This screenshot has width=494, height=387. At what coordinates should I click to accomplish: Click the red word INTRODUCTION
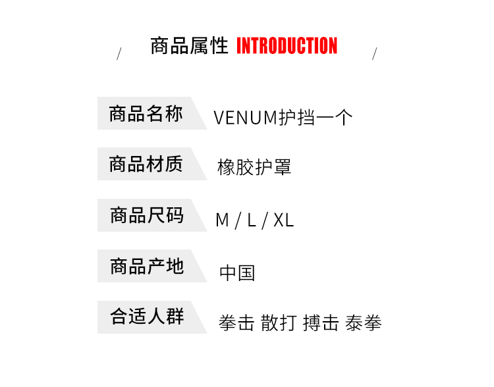pyautogui.click(x=287, y=46)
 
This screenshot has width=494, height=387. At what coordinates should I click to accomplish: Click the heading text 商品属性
pyautogui.click(x=189, y=46)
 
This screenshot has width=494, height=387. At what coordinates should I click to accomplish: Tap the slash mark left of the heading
pyautogui.click(x=119, y=54)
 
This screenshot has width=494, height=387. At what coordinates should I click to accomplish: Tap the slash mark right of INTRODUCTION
pyautogui.click(x=374, y=54)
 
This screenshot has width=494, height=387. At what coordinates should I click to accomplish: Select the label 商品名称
pyautogui.click(x=146, y=114)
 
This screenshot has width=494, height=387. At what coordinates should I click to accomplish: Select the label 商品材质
pyautogui.click(x=146, y=164)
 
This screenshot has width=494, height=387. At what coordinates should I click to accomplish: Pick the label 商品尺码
pyautogui.click(x=146, y=215)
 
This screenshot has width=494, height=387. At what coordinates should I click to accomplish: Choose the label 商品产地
pyautogui.click(x=146, y=266)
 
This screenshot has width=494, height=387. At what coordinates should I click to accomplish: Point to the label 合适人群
pyautogui.click(x=146, y=317)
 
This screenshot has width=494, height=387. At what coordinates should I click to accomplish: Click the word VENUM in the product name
pyautogui.click(x=246, y=118)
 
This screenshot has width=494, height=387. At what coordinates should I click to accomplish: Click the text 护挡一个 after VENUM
pyautogui.click(x=316, y=118)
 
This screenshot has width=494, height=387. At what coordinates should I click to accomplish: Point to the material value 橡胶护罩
pyautogui.click(x=254, y=168)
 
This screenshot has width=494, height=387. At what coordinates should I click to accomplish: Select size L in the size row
pyautogui.click(x=251, y=220)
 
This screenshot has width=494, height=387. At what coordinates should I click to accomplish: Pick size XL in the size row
pyautogui.click(x=283, y=220)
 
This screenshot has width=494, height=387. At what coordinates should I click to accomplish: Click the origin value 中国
pyautogui.click(x=237, y=272)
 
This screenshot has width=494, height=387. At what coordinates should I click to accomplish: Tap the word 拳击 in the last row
pyautogui.click(x=236, y=323)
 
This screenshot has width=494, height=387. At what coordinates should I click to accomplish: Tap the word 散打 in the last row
pyautogui.click(x=278, y=323)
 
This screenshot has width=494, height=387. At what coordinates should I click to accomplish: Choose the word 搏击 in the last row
pyautogui.click(x=321, y=323)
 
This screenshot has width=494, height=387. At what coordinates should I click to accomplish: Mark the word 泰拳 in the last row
pyautogui.click(x=364, y=323)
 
